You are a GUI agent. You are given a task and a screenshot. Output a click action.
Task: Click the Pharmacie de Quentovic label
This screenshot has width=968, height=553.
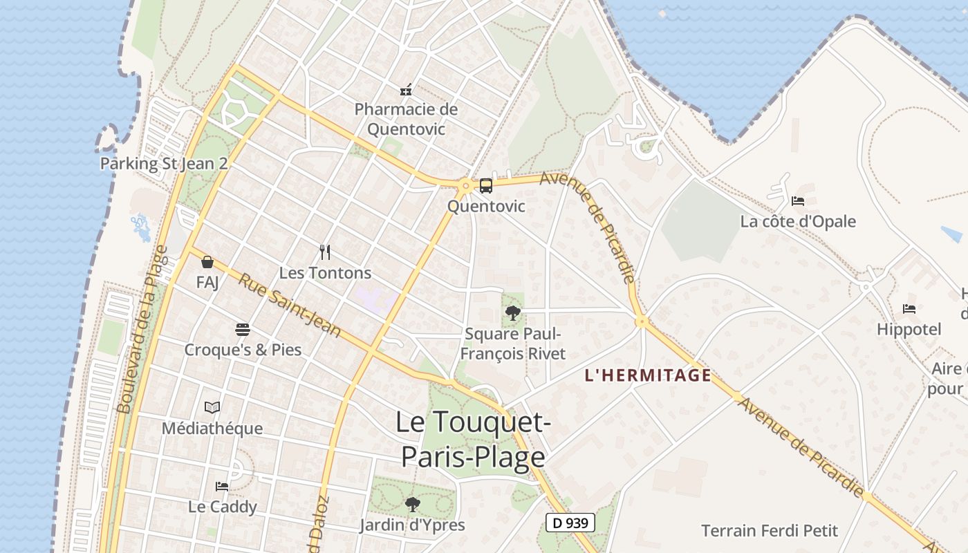(406, 119)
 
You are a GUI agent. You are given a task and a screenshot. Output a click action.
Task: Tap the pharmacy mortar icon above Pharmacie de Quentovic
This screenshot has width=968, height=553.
(406, 89)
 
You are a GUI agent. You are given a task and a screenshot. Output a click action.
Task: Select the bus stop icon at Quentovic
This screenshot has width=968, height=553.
(486, 185)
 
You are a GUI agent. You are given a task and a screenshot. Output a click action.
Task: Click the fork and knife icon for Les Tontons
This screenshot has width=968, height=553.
(325, 252)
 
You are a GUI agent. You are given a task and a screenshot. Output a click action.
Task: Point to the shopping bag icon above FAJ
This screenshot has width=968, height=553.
(207, 262)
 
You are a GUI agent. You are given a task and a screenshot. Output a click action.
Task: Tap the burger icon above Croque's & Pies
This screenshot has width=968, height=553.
(242, 329)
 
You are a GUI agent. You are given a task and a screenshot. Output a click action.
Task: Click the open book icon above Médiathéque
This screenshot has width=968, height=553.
(212, 408)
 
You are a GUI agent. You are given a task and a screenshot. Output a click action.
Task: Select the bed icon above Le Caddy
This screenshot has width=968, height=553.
(222, 487)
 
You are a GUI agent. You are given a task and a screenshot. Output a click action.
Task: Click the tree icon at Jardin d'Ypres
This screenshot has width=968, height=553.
(412, 505)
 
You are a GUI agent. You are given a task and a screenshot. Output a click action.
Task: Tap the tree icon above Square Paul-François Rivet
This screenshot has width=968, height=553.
(512, 313)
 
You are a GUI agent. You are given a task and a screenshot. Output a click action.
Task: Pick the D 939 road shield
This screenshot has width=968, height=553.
(570, 523)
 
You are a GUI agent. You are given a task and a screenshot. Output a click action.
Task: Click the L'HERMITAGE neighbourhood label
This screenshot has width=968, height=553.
(648, 375)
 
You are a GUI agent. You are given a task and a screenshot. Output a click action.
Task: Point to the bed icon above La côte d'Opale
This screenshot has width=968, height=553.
(798, 201)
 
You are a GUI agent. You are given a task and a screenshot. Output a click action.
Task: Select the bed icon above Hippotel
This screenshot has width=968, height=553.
(909, 309)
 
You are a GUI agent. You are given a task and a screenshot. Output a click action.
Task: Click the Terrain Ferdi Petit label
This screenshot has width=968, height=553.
(770, 531)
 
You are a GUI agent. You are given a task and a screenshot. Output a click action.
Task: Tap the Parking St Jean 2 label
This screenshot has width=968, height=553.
(164, 164)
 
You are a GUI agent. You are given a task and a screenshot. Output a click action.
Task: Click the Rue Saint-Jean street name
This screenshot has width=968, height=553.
(290, 305)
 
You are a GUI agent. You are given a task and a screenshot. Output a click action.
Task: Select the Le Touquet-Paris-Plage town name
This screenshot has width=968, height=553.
(473, 440)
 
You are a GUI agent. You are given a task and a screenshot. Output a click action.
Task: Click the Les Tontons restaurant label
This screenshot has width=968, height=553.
(325, 273)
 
